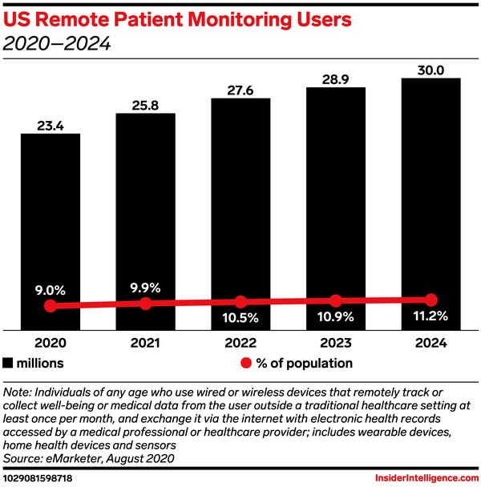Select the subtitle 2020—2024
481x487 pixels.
(x=57, y=44)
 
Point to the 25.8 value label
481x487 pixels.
(x=145, y=104)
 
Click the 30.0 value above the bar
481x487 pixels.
(x=430, y=69)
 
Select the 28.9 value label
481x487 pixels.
(x=336, y=77)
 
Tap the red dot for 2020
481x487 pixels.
(x=51, y=306)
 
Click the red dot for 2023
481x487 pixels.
(x=336, y=300)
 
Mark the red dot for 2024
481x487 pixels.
(x=431, y=300)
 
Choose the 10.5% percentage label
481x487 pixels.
(x=240, y=317)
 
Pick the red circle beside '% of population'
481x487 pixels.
(x=247, y=363)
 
